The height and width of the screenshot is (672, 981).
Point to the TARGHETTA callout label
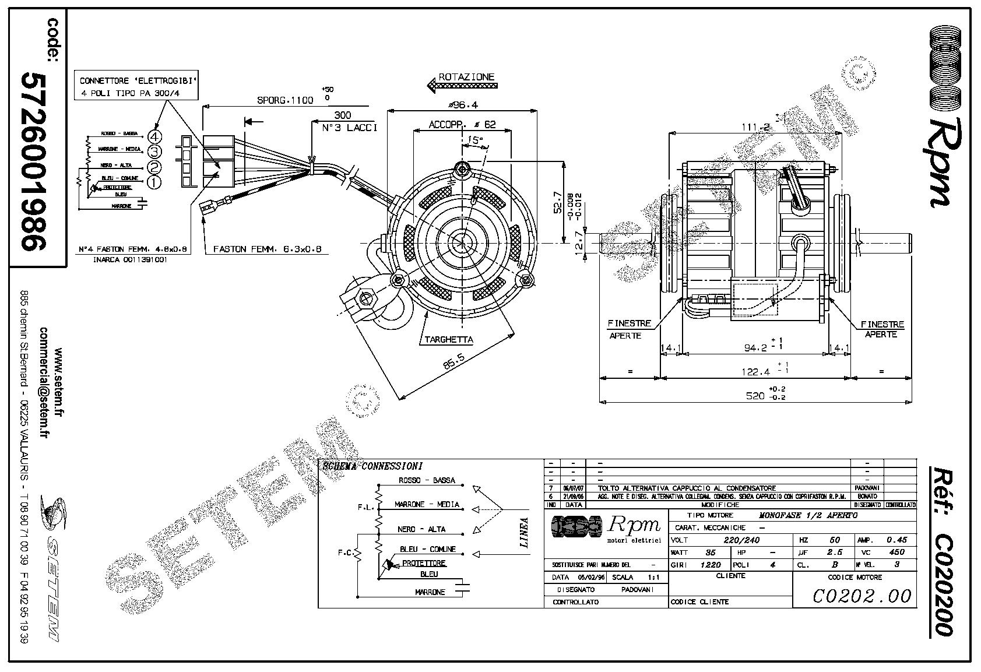pos(448,340)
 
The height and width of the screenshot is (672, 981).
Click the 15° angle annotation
pos(475,140)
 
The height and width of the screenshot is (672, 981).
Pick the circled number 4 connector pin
pos(154,136)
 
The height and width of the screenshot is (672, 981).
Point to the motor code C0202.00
pos(862,595)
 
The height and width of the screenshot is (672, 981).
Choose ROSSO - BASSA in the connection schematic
pos(427,480)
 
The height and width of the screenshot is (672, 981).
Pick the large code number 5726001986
pos(35,161)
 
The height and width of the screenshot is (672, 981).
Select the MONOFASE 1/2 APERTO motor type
pos(808,516)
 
